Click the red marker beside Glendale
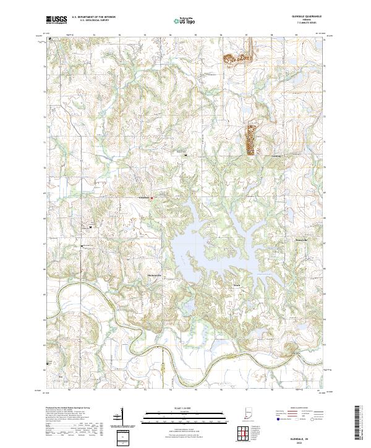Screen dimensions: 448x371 point(151,198)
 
